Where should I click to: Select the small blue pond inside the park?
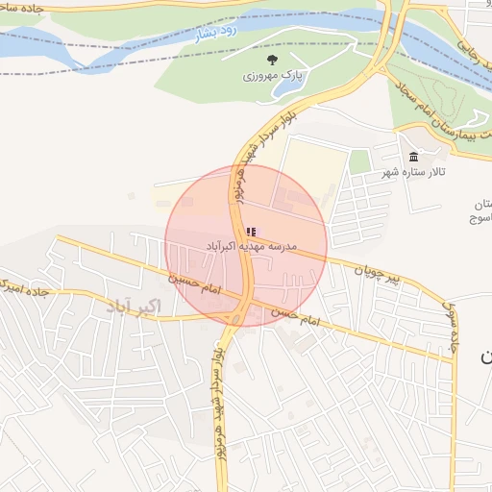pos(285,87)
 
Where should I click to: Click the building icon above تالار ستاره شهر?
pos(413,157)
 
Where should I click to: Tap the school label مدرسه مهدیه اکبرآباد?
pos(251,247)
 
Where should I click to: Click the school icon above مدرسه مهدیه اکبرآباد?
pos(252,232)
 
